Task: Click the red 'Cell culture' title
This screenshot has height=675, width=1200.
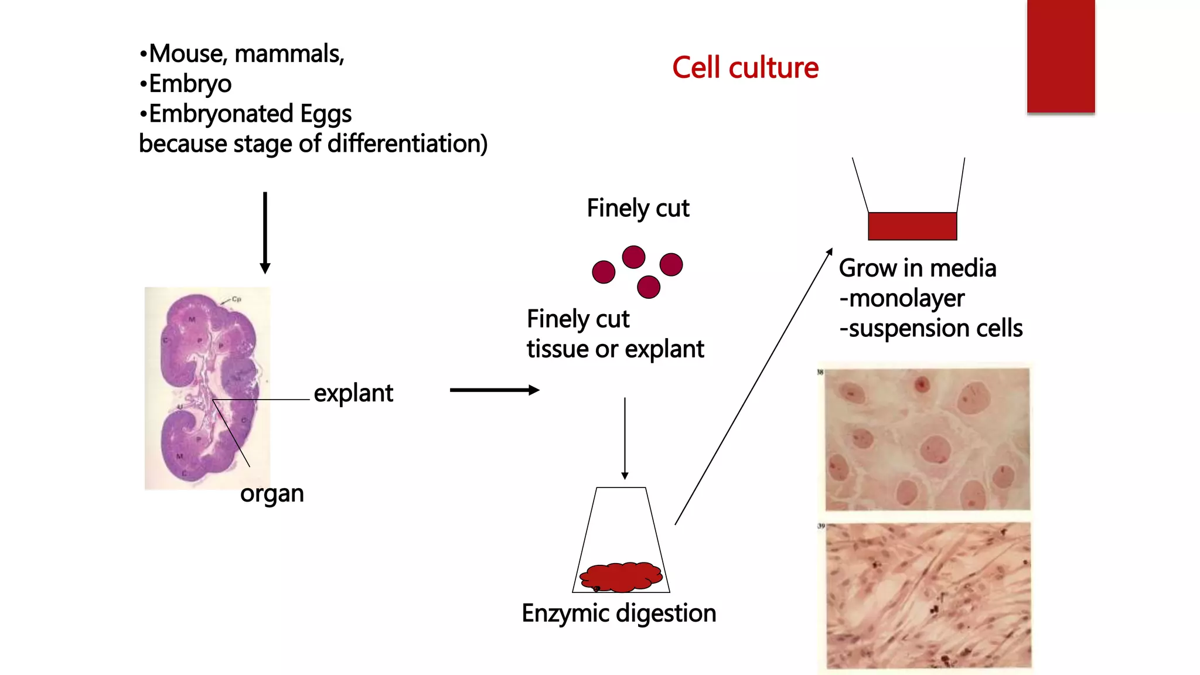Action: (745, 68)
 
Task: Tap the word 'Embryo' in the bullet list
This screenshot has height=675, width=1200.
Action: (190, 84)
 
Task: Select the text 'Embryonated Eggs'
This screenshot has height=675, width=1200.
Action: (250, 114)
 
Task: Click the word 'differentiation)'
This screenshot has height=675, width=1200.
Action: (407, 144)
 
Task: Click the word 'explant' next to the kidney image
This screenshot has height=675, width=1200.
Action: (353, 393)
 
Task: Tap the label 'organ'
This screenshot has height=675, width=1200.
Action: (272, 493)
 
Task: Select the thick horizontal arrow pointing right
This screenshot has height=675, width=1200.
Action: (494, 390)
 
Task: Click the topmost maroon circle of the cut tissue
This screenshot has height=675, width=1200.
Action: (633, 257)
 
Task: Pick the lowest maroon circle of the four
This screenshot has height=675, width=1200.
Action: (648, 287)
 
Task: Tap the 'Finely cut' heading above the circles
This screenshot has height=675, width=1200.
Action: (637, 209)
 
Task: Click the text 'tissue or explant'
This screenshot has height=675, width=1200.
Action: (615, 349)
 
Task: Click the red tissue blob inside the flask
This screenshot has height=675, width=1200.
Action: (621, 577)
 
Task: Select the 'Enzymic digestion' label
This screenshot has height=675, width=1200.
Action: (619, 613)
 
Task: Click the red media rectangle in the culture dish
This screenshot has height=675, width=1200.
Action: (912, 226)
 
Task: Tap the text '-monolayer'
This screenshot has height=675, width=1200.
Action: (902, 299)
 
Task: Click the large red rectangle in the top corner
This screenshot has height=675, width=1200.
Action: (1061, 56)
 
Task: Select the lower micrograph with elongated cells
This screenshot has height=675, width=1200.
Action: (928, 595)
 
